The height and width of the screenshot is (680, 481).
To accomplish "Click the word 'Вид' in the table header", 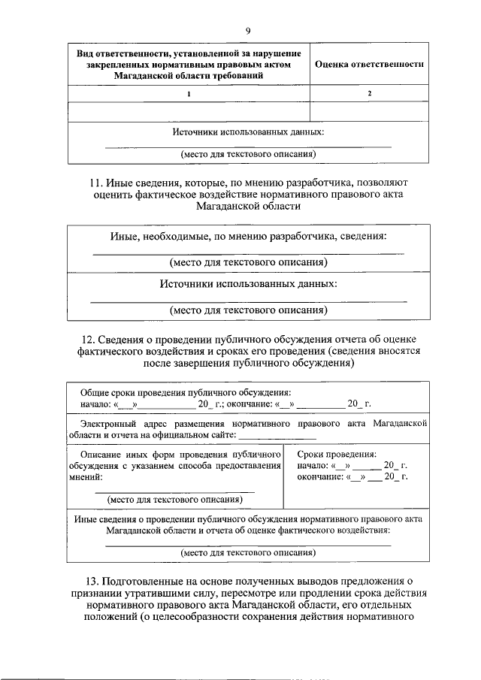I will coord(88,53).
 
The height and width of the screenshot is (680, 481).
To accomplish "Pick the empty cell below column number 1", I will coord(189,112).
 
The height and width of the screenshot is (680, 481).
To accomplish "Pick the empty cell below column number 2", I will coord(369,112).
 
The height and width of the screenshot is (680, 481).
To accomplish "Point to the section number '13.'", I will coord(97,579).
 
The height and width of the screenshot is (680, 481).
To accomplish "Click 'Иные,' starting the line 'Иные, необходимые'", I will coord(126,237).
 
